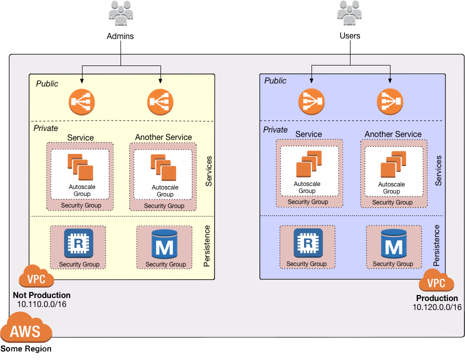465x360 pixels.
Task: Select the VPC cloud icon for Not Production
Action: [36, 277]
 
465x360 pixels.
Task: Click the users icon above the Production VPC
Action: [349, 12]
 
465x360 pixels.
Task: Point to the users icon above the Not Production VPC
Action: [120, 12]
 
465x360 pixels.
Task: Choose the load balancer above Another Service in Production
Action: [389, 101]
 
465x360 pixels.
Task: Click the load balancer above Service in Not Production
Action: [81, 102]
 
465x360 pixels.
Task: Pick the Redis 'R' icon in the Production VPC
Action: [307, 243]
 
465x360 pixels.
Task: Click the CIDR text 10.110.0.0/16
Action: [41, 304]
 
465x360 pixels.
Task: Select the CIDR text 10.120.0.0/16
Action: [437, 307]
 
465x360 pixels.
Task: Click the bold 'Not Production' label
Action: [41, 295]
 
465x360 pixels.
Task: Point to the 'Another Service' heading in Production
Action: [393, 134]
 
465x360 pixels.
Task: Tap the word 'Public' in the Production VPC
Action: [275, 80]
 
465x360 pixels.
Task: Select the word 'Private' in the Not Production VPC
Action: [46, 128]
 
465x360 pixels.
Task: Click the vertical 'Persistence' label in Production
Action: [436, 245]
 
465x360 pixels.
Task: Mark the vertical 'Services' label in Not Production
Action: [209, 171]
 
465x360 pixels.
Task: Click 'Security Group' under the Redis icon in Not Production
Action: [79, 264]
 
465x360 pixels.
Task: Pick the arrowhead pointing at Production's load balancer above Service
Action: [311, 80]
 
